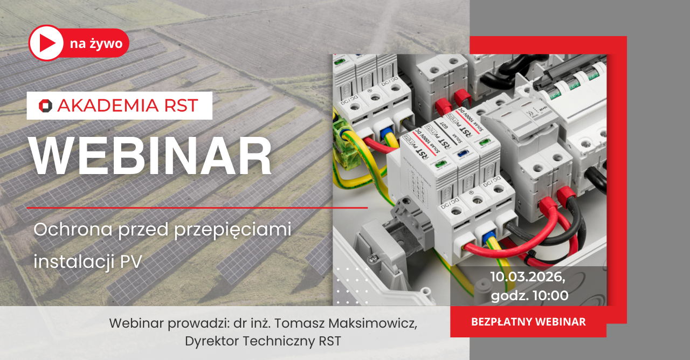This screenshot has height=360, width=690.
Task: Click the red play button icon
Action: point(46,43)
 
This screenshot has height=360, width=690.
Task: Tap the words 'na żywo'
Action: point(96,44)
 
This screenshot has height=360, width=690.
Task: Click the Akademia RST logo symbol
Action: point(45,106)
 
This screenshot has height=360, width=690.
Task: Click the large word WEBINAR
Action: point(150,156)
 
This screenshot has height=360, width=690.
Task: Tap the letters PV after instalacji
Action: point(131,262)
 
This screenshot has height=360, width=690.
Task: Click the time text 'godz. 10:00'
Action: point(529,295)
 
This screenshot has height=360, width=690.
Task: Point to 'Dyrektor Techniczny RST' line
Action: point(263,341)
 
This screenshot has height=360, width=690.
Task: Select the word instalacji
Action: point(74,262)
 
